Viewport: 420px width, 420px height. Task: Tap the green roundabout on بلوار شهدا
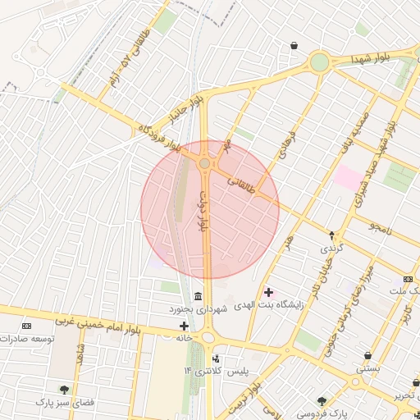319,62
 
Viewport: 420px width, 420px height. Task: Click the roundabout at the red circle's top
204,164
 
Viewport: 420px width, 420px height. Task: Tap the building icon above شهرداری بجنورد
198,296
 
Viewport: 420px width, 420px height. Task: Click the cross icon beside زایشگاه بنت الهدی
268,292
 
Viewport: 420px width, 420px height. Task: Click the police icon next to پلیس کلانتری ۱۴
216,358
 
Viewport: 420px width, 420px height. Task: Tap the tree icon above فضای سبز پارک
64,390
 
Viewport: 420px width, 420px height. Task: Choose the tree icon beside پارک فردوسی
322,401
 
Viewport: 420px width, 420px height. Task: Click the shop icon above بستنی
367,356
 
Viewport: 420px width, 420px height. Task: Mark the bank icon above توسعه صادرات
25,326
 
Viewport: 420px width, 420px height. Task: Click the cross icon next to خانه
184,326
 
